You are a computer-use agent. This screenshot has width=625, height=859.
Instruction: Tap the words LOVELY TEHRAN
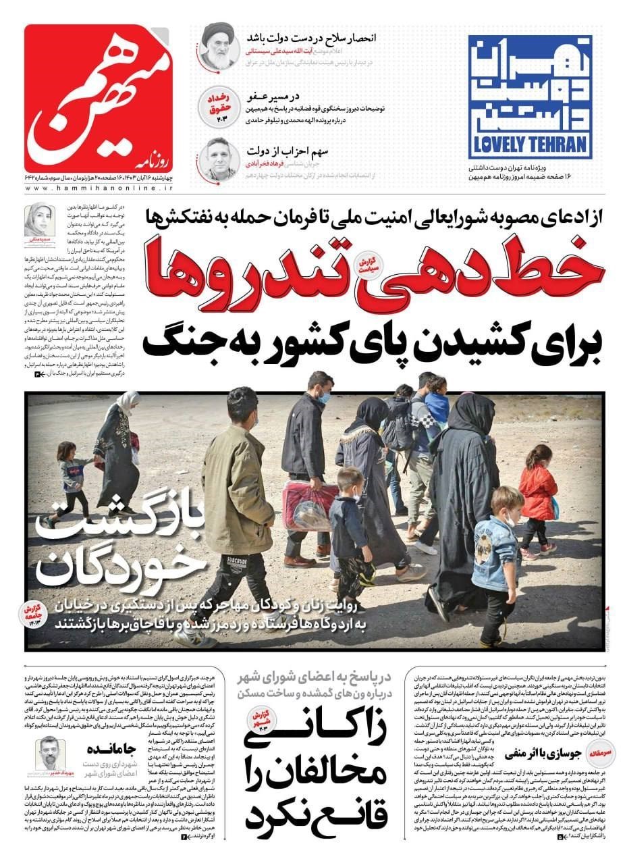[529, 145]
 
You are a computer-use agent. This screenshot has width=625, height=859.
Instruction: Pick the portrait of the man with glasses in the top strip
[219, 158]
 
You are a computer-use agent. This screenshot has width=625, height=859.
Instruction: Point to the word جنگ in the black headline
[179, 336]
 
